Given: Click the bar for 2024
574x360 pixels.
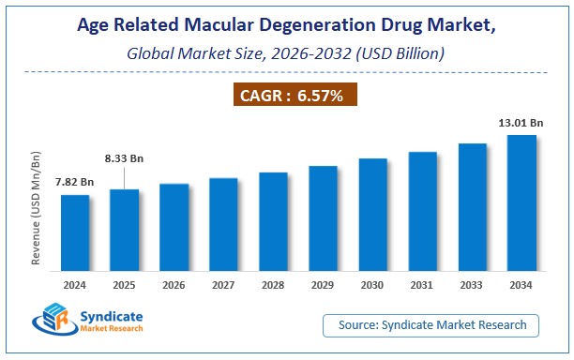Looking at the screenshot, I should pos(75,233).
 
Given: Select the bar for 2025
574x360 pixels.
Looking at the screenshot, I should pos(125,231).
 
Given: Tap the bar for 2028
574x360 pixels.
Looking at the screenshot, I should pos(273,222).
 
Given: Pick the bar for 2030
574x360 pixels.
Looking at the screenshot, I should pos(372,215).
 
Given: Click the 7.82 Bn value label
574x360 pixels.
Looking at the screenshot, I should pos(75,181).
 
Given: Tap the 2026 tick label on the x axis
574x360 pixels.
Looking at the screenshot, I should pos(174,284).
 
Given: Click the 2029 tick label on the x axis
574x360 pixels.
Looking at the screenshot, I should pos(323,284).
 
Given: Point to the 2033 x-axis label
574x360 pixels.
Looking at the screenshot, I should pos(472,284).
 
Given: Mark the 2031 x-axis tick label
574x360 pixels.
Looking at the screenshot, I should pos(422,284).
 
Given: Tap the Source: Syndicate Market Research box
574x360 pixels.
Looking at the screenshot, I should pos(437,325).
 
